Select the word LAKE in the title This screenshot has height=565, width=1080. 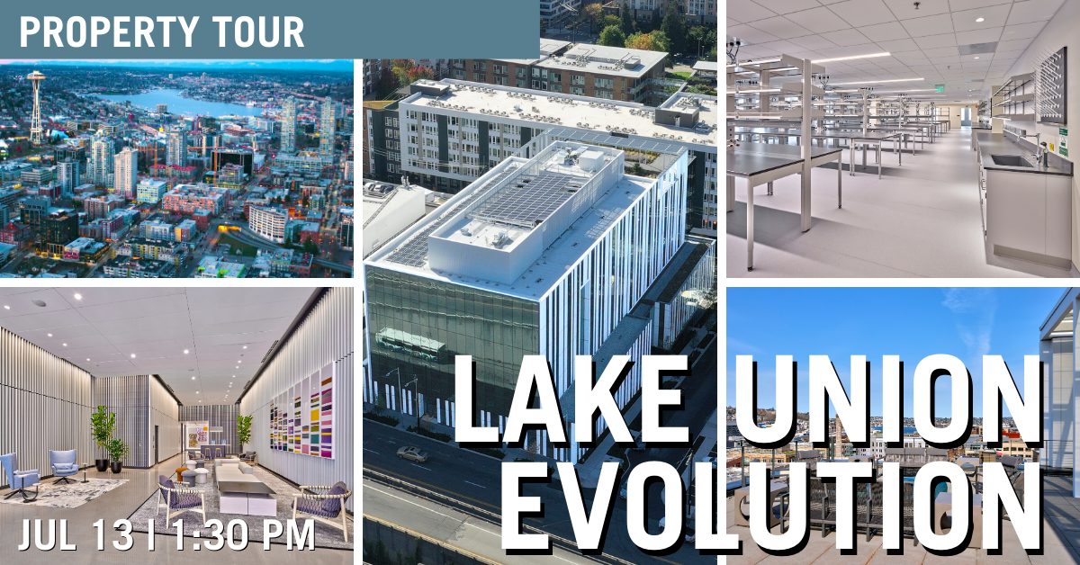coord(571,399)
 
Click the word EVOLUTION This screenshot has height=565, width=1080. coord(770,507)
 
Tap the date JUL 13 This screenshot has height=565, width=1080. coord(76,534)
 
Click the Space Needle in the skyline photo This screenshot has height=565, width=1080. coord(36,107)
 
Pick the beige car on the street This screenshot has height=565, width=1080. coord(411,453)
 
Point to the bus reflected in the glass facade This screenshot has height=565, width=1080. coord(409,344)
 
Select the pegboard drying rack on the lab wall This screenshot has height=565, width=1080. coord(1050,85)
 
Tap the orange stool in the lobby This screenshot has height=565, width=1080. coord(180,473)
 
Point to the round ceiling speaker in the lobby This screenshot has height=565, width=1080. coord(39,303)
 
